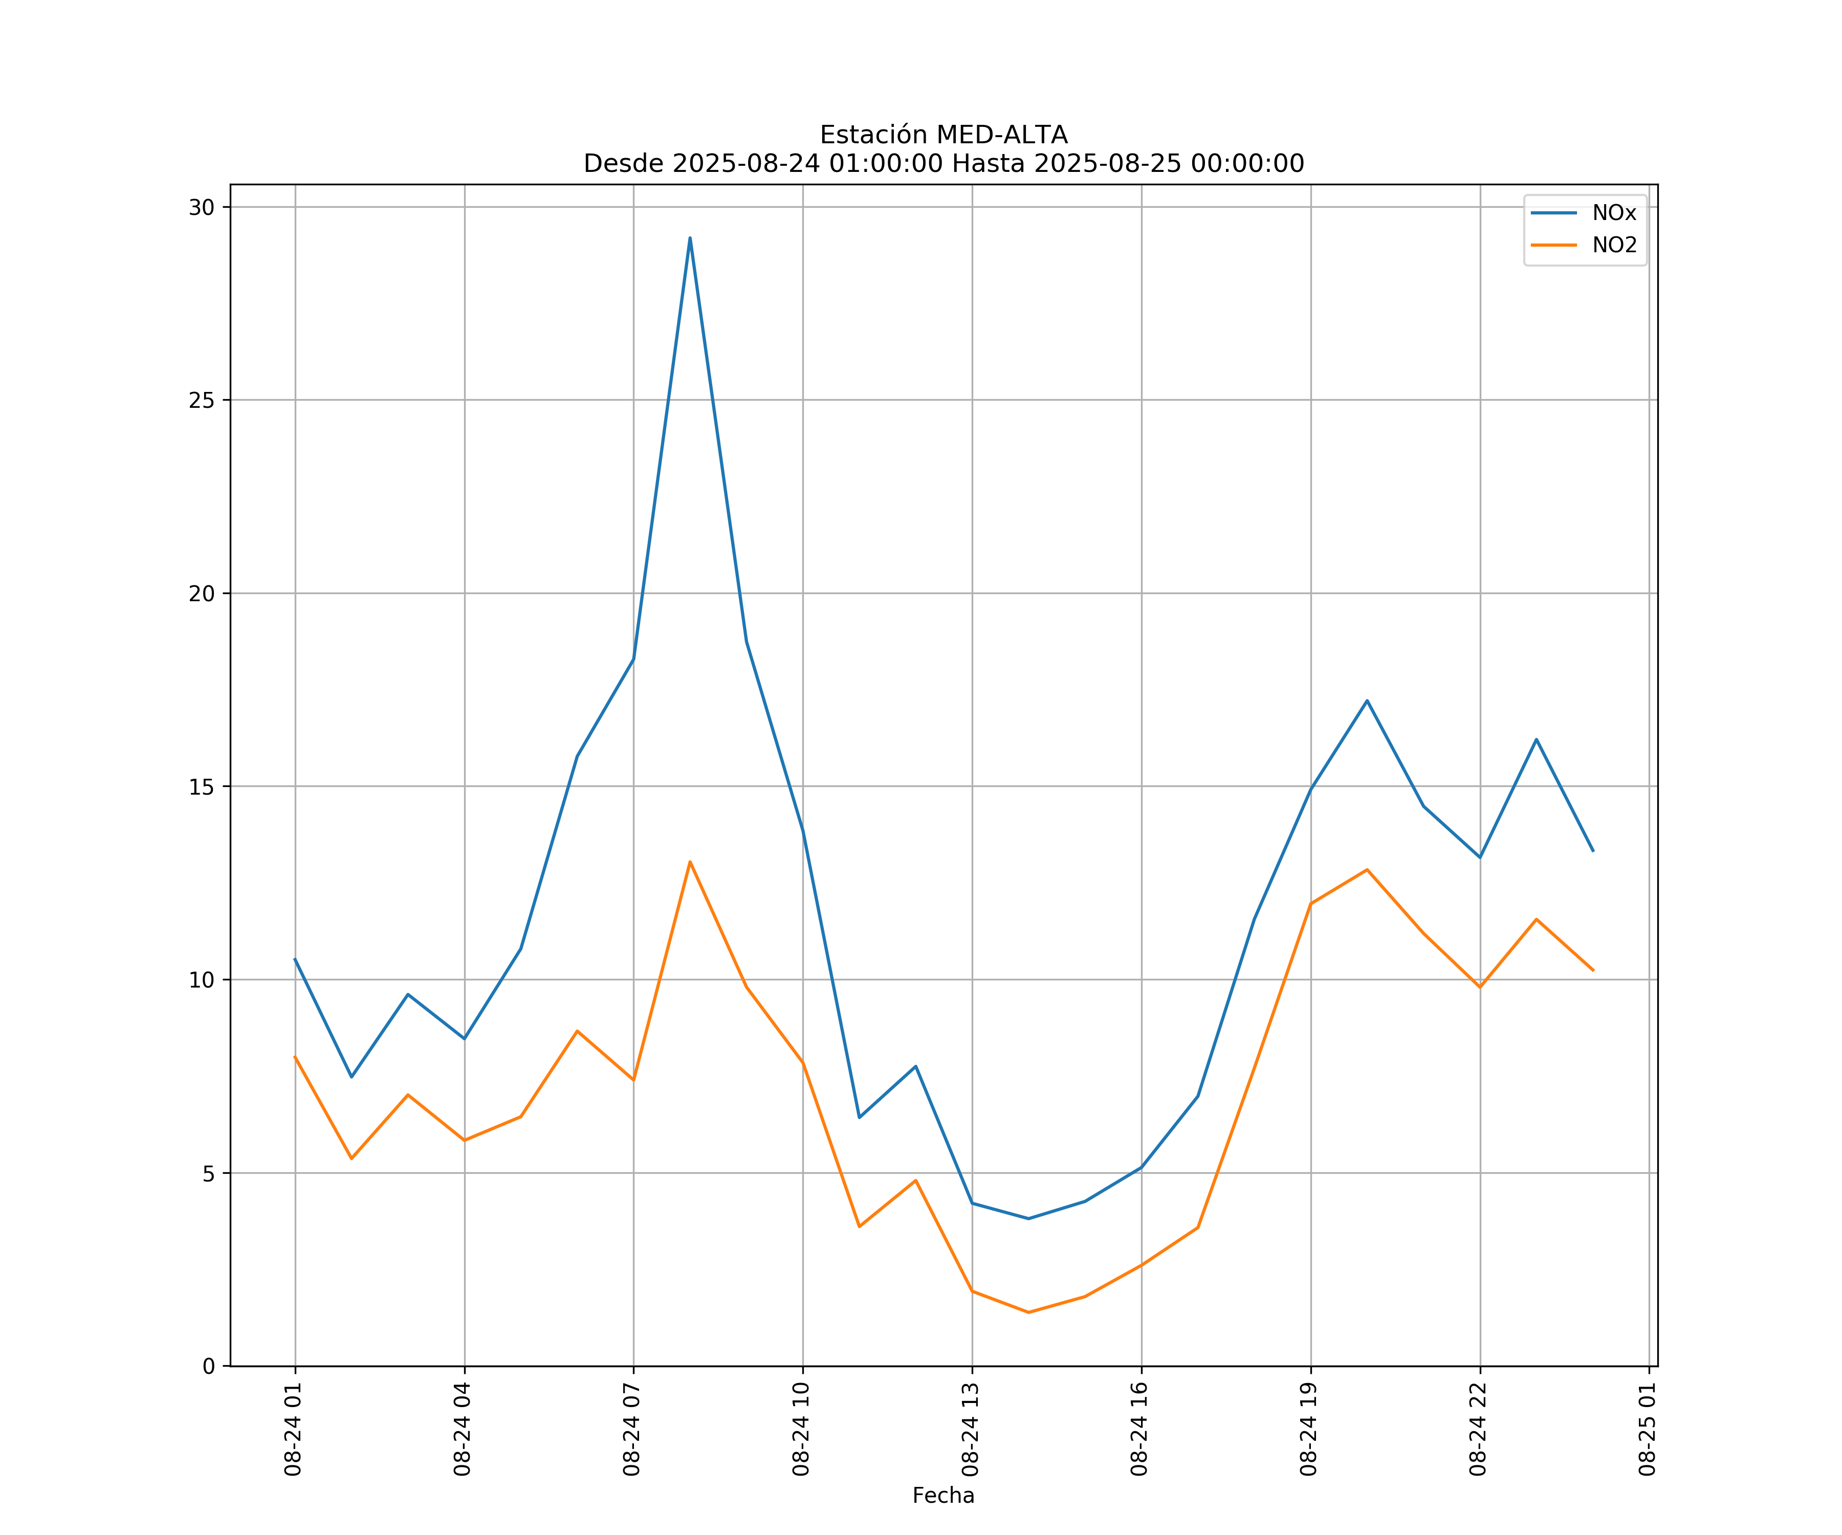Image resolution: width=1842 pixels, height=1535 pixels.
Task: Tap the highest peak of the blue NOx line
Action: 690,238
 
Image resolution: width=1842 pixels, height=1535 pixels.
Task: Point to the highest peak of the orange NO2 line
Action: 690,862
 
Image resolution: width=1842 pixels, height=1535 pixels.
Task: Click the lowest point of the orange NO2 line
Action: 1028,1312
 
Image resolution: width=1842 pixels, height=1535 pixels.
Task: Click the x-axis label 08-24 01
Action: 293,1429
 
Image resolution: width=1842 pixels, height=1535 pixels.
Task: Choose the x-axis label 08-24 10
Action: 801,1429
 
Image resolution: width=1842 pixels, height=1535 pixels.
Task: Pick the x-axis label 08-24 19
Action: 1309,1429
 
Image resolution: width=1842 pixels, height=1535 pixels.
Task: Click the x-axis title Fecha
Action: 943,1496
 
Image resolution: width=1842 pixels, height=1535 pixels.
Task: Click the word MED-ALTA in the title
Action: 1002,135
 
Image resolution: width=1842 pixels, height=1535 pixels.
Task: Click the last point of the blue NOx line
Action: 1593,851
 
